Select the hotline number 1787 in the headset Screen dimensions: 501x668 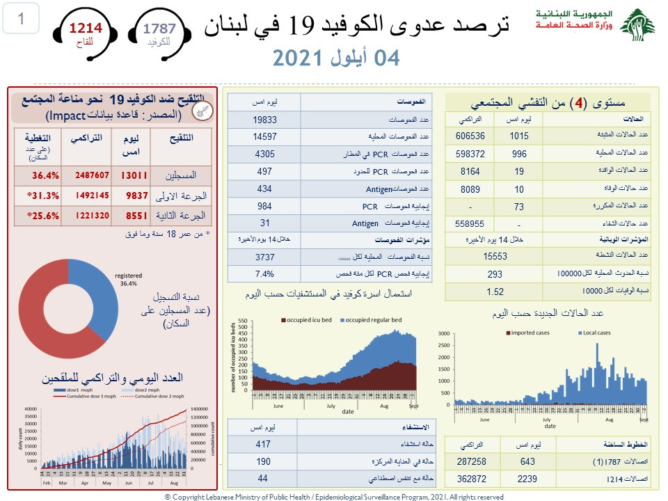coord(159,29)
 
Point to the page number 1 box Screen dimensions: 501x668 coord(21,19)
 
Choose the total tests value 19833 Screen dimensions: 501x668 coord(264,118)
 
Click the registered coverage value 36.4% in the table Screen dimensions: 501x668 coord(45,175)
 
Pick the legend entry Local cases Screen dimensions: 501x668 coord(595,333)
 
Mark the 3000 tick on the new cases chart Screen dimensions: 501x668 coord(445,334)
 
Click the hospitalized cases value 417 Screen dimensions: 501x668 coord(264,444)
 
